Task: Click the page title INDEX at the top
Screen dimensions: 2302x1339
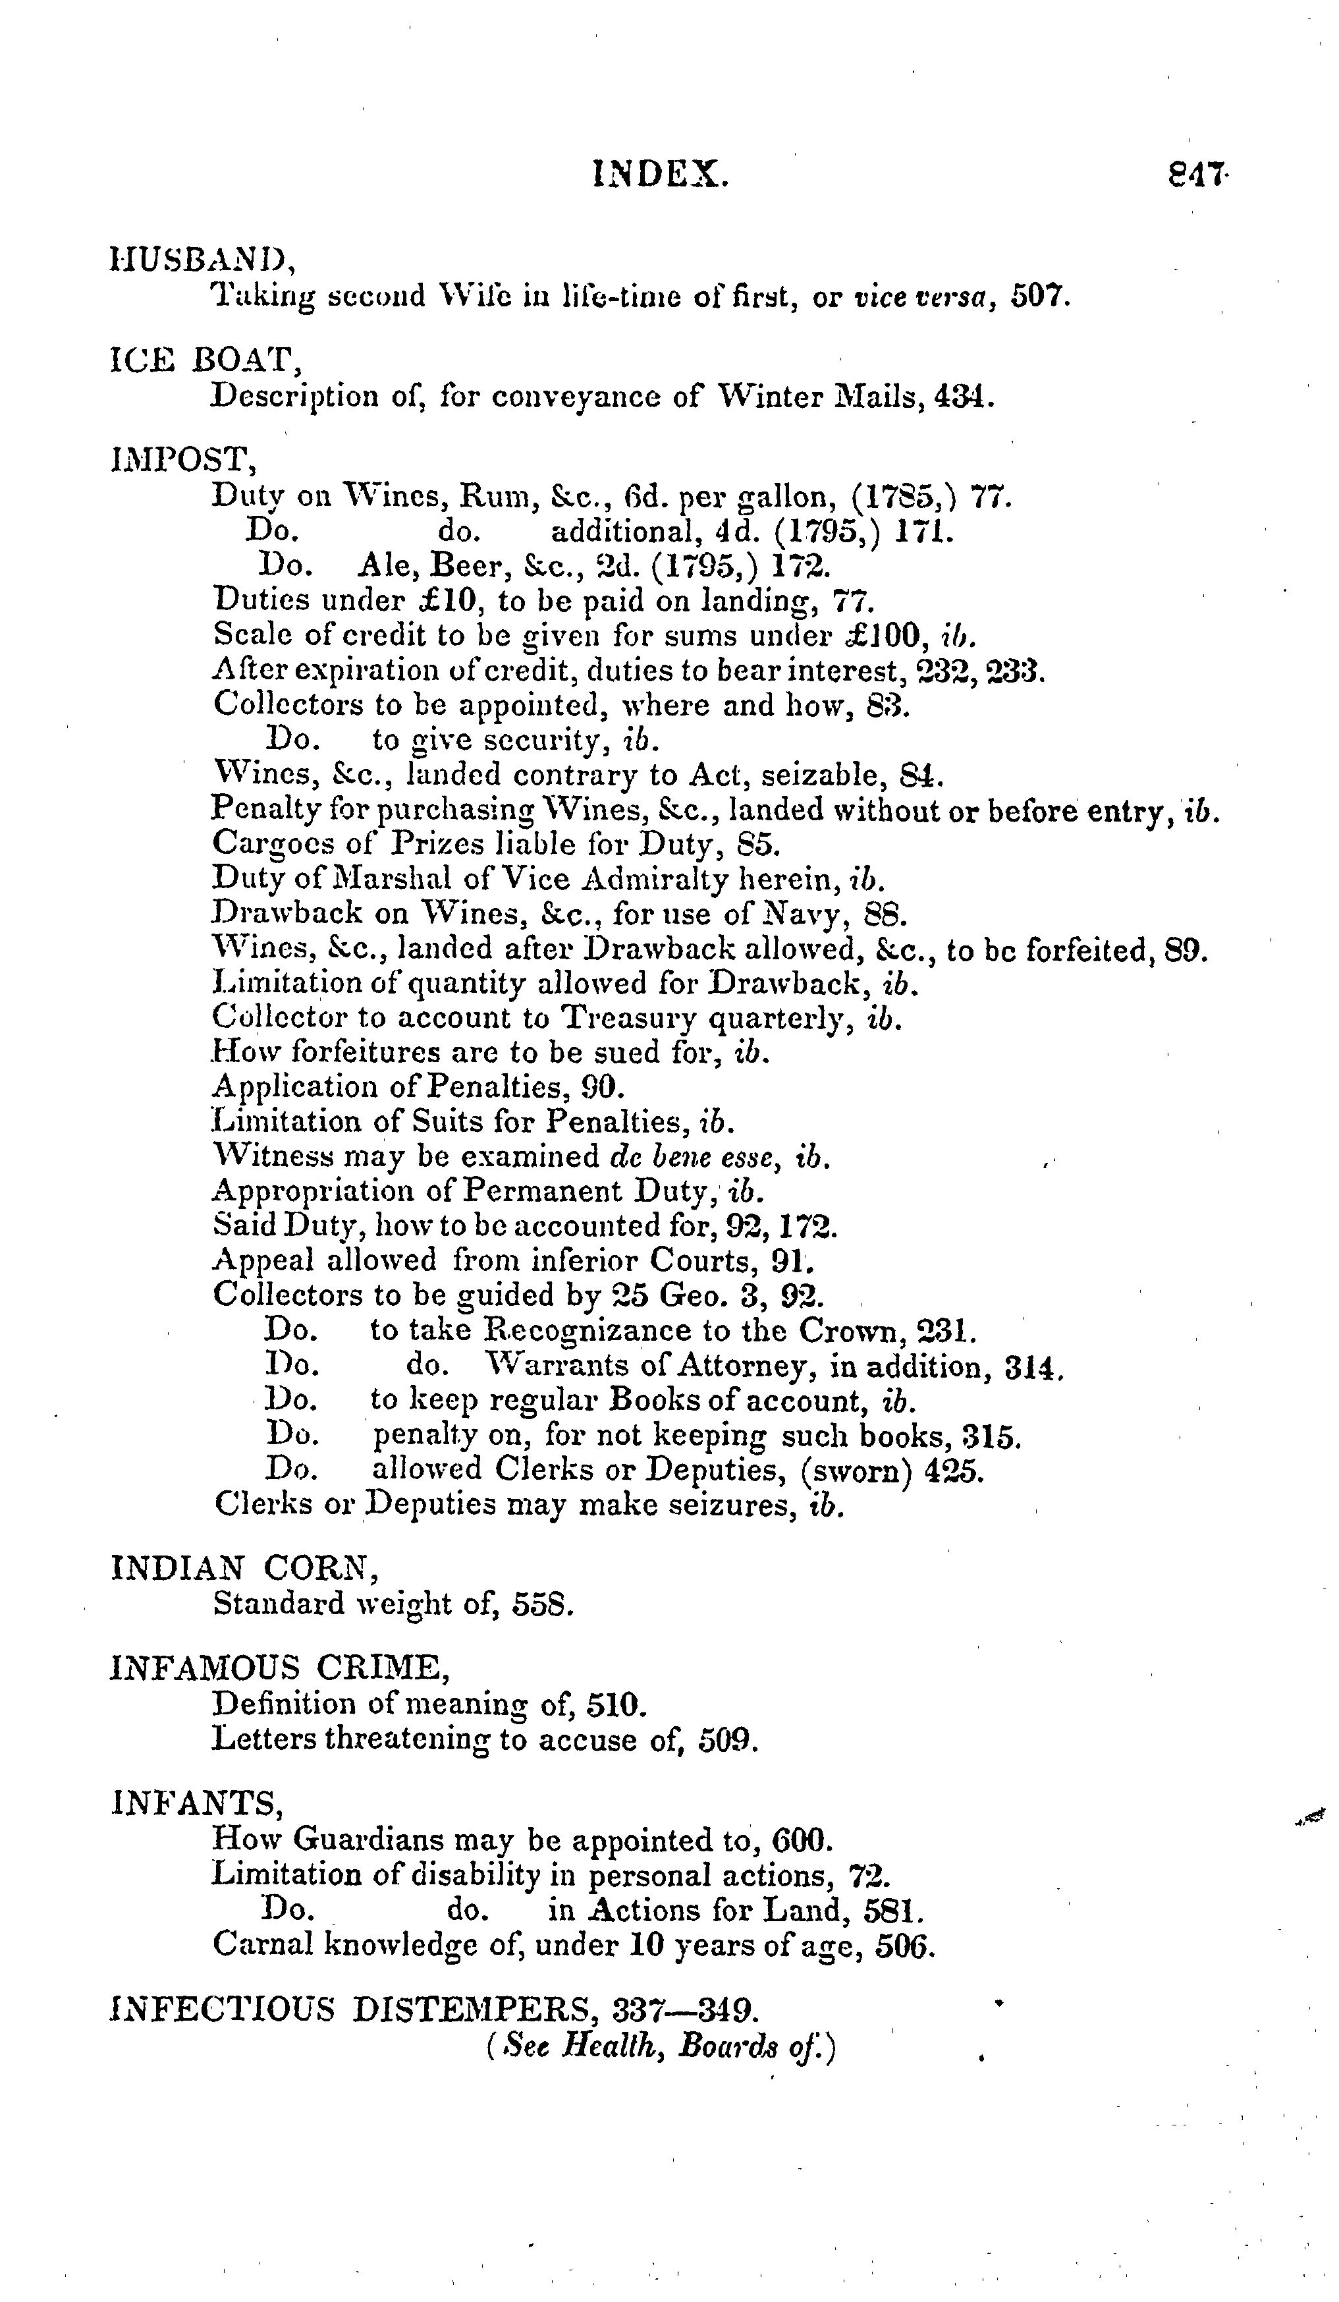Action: [x=661, y=173]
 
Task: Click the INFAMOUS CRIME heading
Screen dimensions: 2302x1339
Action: [x=279, y=1668]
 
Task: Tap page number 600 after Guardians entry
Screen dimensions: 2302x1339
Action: [x=801, y=1839]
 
